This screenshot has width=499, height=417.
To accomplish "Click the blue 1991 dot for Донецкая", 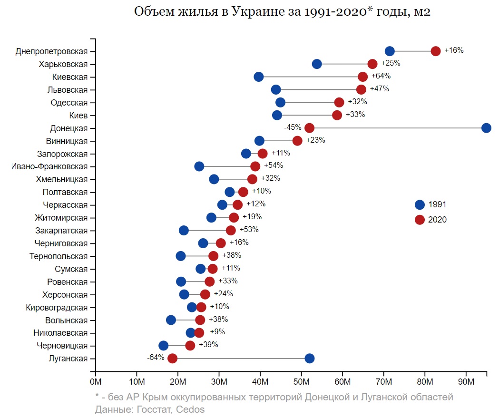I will (486, 128).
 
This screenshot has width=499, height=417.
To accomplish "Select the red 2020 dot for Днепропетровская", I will (436, 51).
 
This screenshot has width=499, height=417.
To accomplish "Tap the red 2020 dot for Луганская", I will (172, 359).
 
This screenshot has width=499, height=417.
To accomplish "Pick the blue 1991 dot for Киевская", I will (259, 77).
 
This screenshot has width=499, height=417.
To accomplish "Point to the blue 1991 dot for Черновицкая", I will (163, 346).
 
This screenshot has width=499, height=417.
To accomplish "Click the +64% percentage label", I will (381, 76).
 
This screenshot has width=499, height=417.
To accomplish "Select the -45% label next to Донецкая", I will (293, 127).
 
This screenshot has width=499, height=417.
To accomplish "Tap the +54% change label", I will (274, 165).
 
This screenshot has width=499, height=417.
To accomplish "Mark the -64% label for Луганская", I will (156, 358).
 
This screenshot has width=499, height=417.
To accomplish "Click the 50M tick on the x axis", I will (301, 382).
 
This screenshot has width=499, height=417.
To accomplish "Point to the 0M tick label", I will (96, 382).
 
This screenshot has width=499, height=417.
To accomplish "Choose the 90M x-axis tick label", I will (466, 382).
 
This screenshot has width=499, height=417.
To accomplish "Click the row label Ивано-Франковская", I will (50, 166).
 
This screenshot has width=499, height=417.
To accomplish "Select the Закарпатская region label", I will (61, 231).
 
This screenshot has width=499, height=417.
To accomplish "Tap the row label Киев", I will (78, 115).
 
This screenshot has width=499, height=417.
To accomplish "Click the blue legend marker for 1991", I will (420, 205).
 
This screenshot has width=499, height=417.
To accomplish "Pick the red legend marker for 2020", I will (420, 220).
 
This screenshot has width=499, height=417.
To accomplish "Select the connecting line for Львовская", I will (319, 90).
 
